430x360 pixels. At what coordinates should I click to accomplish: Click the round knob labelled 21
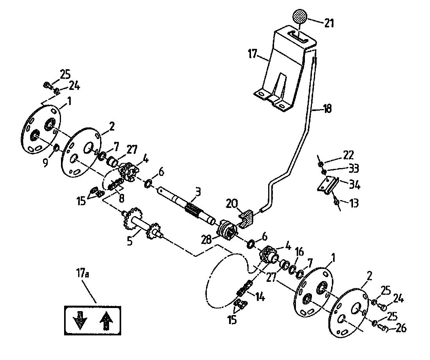click(x=299, y=18)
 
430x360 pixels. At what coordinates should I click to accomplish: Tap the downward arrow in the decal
click(x=80, y=320)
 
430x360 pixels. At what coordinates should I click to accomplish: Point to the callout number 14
click(x=260, y=297)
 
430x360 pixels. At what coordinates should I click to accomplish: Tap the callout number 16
click(x=299, y=251)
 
